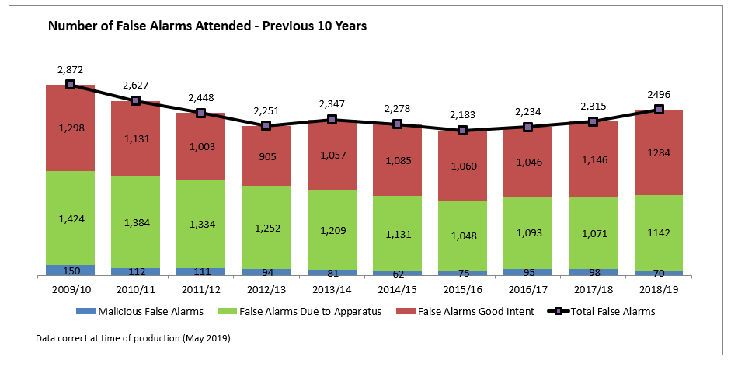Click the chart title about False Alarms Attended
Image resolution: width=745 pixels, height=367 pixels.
pyautogui.click(x=207, y=26)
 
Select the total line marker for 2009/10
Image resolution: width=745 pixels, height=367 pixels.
pyautogui.click(x=70, y=84)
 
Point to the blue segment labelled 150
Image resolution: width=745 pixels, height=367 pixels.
pyautogui.click(x=70, y=271)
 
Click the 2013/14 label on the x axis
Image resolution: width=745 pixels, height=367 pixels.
pyautogui.click(x=332, y=290)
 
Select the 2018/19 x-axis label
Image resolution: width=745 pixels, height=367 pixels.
pyautogui.click(x=659, y=290)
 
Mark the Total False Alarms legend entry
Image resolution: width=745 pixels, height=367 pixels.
pyautogui.click(x=607, y=312)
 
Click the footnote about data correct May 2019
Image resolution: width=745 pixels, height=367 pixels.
pyautogui.click(x=133, y=339)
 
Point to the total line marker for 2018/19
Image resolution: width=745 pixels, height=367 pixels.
pyautogui.click(x=659, y=109)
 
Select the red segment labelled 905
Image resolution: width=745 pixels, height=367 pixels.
pyautogui.click(x=266, y=156)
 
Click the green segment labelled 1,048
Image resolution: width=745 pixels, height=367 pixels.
pyautogui.click(x=462, y=236)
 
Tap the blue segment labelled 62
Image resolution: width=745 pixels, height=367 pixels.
pyautogui.click(x=397, y=273)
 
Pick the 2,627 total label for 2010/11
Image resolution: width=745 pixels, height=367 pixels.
pyautogui.click(x=135, y=85)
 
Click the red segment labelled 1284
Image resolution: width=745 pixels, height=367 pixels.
pyautogui.click(x=659, y=152)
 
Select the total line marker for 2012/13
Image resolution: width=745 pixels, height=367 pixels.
pyautogui.click(x=266, y=125)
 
